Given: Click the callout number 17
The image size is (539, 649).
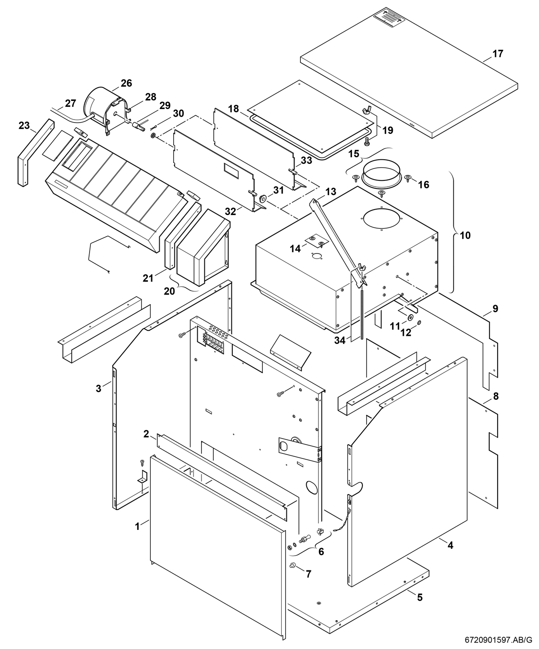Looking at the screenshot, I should click(498, 54).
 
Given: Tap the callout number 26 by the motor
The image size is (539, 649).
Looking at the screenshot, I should click(126, 83).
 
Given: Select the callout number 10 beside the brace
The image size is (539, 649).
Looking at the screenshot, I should click(465, 235).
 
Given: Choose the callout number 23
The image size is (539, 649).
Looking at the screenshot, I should click(24, 125).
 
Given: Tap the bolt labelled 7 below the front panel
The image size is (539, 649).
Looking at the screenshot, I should click(292, 565).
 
